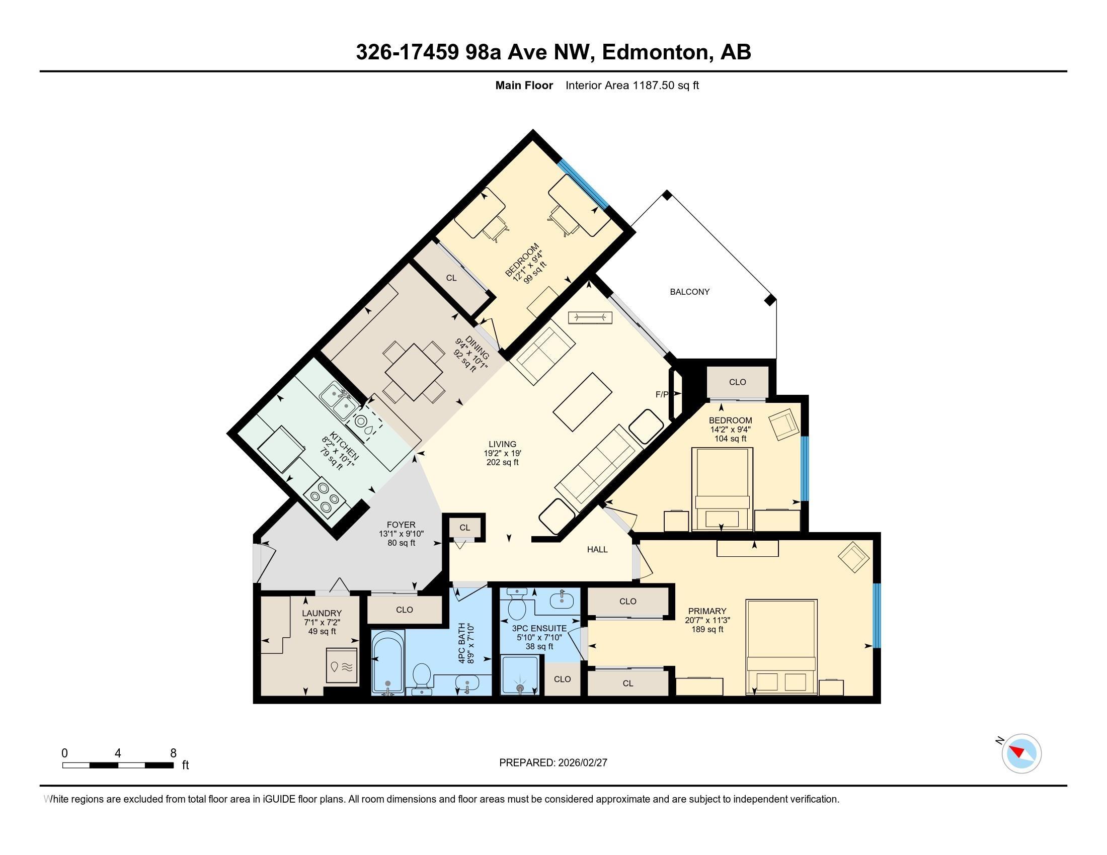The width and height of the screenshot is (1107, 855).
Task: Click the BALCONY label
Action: click(x=689, y=292)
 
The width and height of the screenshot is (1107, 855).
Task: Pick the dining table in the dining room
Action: click(x=414, y=372)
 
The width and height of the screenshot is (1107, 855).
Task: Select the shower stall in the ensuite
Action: click(x=520, y=674)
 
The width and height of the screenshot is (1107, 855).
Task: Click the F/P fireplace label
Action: click(x=662, y=394)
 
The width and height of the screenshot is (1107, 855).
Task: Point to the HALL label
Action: click(x=597, y=549)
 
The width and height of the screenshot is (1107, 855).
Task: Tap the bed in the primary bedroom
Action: click(x=781, y=647)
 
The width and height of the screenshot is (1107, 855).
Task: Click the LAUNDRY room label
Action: click(x=322, y=613)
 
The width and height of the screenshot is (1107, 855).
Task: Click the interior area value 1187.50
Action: click(x=653, y=85)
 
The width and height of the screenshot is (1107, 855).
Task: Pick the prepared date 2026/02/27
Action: click(x=582, y=762)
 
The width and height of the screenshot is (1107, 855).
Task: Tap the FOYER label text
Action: click(x=401, y=525)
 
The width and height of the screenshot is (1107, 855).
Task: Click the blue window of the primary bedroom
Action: click(x=877, y=616)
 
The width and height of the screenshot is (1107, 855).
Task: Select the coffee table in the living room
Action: click(x=582, y=402)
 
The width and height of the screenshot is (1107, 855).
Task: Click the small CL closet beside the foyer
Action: click(x=465, y=527)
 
